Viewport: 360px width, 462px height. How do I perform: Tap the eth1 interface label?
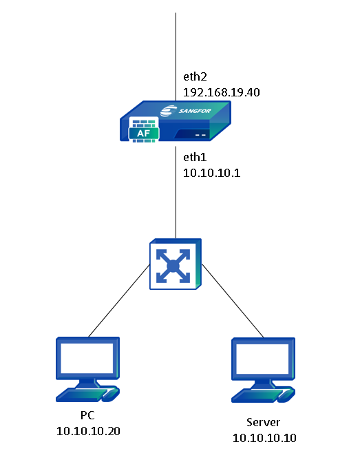194,157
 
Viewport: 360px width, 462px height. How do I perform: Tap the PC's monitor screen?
87,357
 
